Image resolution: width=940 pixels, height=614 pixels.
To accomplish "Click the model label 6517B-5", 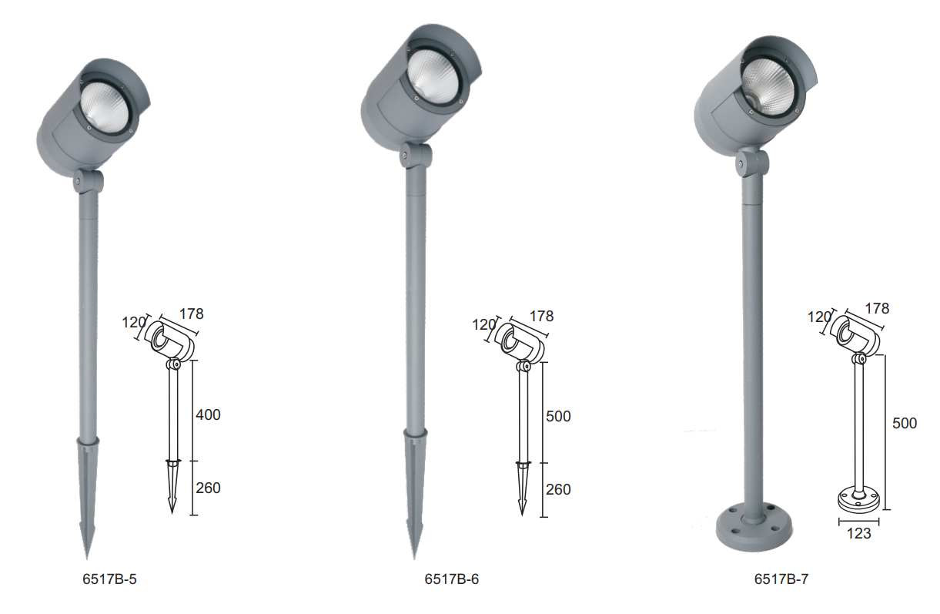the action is pyautogui.click(x=109, y=579).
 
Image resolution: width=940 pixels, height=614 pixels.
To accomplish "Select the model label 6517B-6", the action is pyautogui.click(x=452, y=579).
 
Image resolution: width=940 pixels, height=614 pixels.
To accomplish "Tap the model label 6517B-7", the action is pyautogui.click(x=781, y=579).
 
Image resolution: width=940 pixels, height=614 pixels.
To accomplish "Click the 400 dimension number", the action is pyautogui.click(x=208, y=415).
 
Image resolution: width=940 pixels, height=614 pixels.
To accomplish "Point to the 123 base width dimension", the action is pyautogui.click(x=858, y=533).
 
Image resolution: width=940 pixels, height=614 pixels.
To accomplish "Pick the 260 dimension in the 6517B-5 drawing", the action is pyautogui.click(x=208, y=488).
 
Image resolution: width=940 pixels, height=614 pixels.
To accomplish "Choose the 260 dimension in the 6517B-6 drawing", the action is pyautogui.click(x=558, y=490).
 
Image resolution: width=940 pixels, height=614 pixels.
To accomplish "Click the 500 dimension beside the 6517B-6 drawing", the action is pyautogui.click(x=558, y=416).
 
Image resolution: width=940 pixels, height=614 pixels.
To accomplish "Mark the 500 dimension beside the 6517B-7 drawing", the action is pyautogui.click(x=905, y=424).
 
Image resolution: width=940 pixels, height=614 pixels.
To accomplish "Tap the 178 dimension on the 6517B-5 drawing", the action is pyautogui.click(x=192, y=314).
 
